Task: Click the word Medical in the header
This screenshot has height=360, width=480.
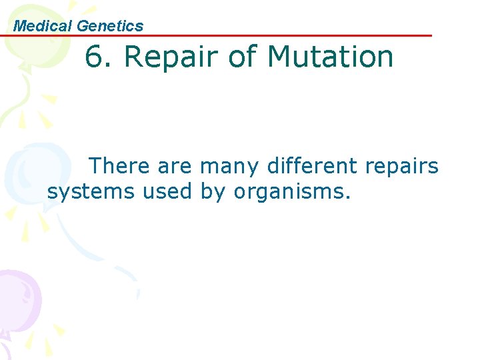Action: [x=43, y=26]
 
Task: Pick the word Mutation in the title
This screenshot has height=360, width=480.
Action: [x=331, y=57]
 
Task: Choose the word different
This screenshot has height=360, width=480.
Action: [x=311, y=165]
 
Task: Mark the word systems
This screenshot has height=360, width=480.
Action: [x=91, y=193]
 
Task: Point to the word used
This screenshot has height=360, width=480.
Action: [x=167, y=192]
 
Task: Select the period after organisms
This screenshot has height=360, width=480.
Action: [x=347, y=198]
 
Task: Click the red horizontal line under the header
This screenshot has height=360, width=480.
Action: [x=267, y=35]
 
